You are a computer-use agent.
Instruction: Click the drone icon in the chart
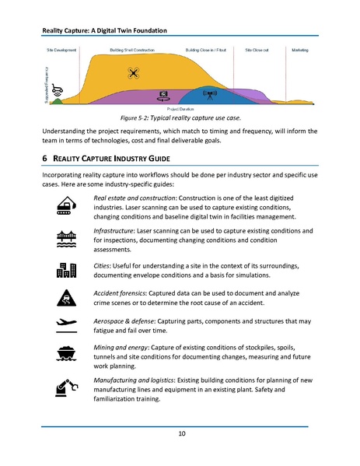(135, 74)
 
